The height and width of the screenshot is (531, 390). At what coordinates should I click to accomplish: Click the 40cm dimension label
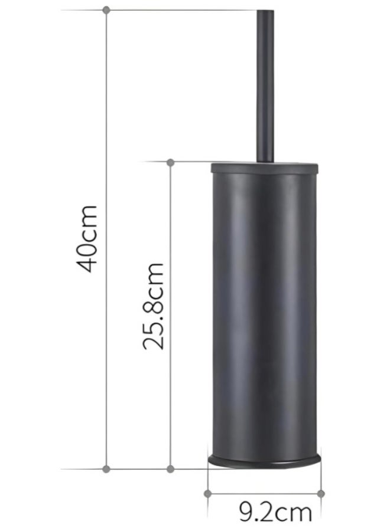(88, 238)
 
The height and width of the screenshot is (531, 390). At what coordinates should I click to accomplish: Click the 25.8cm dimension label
(153, 306)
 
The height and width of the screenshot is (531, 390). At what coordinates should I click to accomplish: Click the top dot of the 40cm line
(106, 10)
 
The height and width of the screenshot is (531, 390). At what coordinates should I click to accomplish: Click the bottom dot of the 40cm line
(106, 468)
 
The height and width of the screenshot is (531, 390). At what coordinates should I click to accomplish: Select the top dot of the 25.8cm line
(171, 163)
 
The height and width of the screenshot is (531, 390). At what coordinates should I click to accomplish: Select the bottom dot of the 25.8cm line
(171, 468)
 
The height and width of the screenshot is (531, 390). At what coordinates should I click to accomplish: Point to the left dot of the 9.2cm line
(208, 493)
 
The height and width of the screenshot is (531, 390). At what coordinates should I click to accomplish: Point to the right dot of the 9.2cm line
(320, 493)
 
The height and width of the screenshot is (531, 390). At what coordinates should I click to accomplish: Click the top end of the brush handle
(265, 11)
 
